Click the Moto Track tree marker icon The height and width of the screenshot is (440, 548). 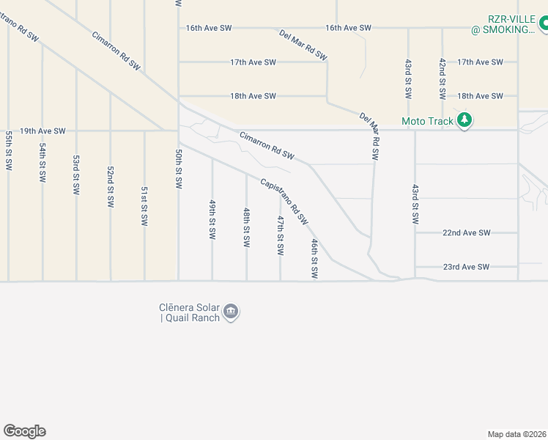pos(464,120)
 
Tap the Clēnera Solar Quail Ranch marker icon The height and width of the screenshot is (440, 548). pos(231,312)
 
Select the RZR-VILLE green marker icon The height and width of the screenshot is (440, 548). pos(544,24)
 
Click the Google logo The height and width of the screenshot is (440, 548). pos(24,431)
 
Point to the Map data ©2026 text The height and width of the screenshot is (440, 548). pos(516,434)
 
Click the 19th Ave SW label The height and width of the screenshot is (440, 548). pos(42,131)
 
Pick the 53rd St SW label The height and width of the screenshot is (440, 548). pos(76,174)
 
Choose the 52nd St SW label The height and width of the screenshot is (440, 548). pos(111,187)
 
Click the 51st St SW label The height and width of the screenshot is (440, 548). pos(144,205)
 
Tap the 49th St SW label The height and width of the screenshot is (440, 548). pos(212,219)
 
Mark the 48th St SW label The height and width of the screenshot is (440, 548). pos(246,227)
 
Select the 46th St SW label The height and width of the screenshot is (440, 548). pos(314,258)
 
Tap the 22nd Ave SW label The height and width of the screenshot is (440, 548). pos(466,232)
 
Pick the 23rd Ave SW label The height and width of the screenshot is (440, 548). pos(466,267)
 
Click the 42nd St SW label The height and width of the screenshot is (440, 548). pos(442,79)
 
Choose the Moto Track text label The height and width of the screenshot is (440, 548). pos(428,121)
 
